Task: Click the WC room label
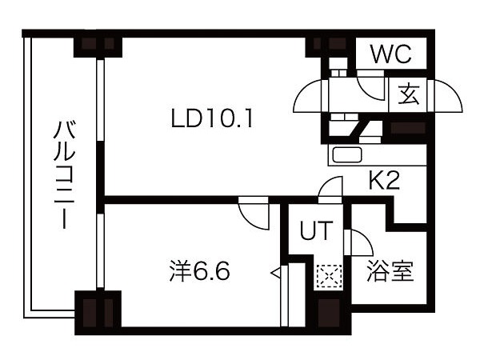(390, 54)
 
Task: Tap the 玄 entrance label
(408, 94)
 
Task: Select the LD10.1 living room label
(212, 119)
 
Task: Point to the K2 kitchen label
(384, 181)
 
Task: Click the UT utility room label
(316, 230)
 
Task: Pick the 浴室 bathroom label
(390, 271)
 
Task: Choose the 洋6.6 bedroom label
(199, 271)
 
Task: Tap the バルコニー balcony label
(64, 174)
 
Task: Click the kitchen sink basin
(347, 155)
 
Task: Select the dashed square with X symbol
(329, 276)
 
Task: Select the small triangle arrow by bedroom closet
(276, 272)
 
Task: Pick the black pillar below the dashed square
(329, 312)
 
